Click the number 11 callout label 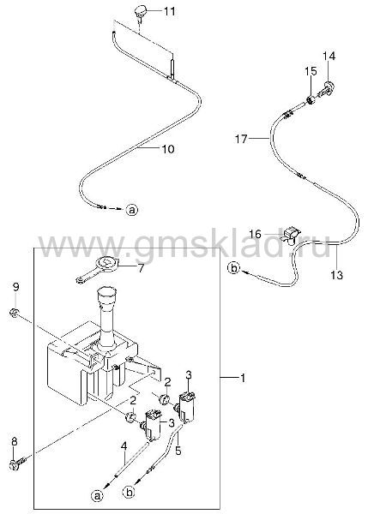click(169, 11)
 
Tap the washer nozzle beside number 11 click(140, 13)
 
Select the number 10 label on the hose click(168, 149)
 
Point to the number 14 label click(329, 56)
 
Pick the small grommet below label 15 click(311, 99)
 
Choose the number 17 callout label click(241, 139)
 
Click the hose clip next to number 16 click(292, 235)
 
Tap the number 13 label click(337, 275)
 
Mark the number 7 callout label click(141, 268)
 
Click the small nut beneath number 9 click(15, 314)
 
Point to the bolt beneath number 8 click(17, 464)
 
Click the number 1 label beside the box click(243, 379)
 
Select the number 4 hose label click(124, 446)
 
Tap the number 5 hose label click(178, 451)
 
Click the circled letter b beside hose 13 click(233, 268)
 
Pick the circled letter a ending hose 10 click(131, 210)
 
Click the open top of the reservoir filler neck click(107, 291)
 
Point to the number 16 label click(255, 234)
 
